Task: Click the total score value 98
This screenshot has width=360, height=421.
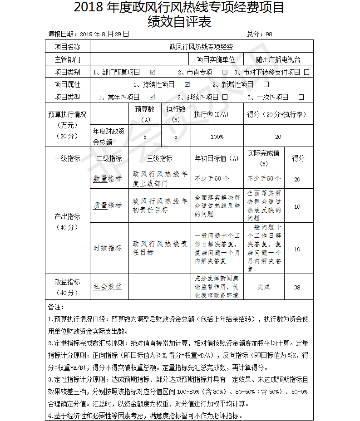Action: tap(269, 34)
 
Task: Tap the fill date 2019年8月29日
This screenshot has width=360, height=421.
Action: tap(104, 34)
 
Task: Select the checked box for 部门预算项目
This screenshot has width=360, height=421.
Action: tap(153, 72)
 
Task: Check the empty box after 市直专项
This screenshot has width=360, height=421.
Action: tap(225, 72)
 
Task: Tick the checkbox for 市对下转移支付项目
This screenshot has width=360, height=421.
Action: tap(307, 72)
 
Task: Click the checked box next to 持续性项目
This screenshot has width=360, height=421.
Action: tap(187, 84)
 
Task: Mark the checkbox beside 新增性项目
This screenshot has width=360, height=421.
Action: tap(266, 84)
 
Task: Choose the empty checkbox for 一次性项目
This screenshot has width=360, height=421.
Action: tap(301, 97)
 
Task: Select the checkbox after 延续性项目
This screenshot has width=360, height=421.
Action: tap(225, 97)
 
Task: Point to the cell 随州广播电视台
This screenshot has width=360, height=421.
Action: tap(278, 59)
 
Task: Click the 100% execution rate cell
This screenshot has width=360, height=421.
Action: tap(217, 137)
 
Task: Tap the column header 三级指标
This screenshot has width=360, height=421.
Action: tap(159, 158)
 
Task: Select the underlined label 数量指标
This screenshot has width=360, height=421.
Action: tap(108, 179)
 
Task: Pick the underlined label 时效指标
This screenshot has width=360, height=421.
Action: tap(108, 248)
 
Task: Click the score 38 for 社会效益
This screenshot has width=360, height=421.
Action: tap(297, 287)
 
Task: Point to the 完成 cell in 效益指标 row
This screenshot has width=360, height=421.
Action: tap(264, 287)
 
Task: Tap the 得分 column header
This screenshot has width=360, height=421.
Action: tap(298, 158)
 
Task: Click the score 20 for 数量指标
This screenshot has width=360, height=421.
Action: tap(297, 179)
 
